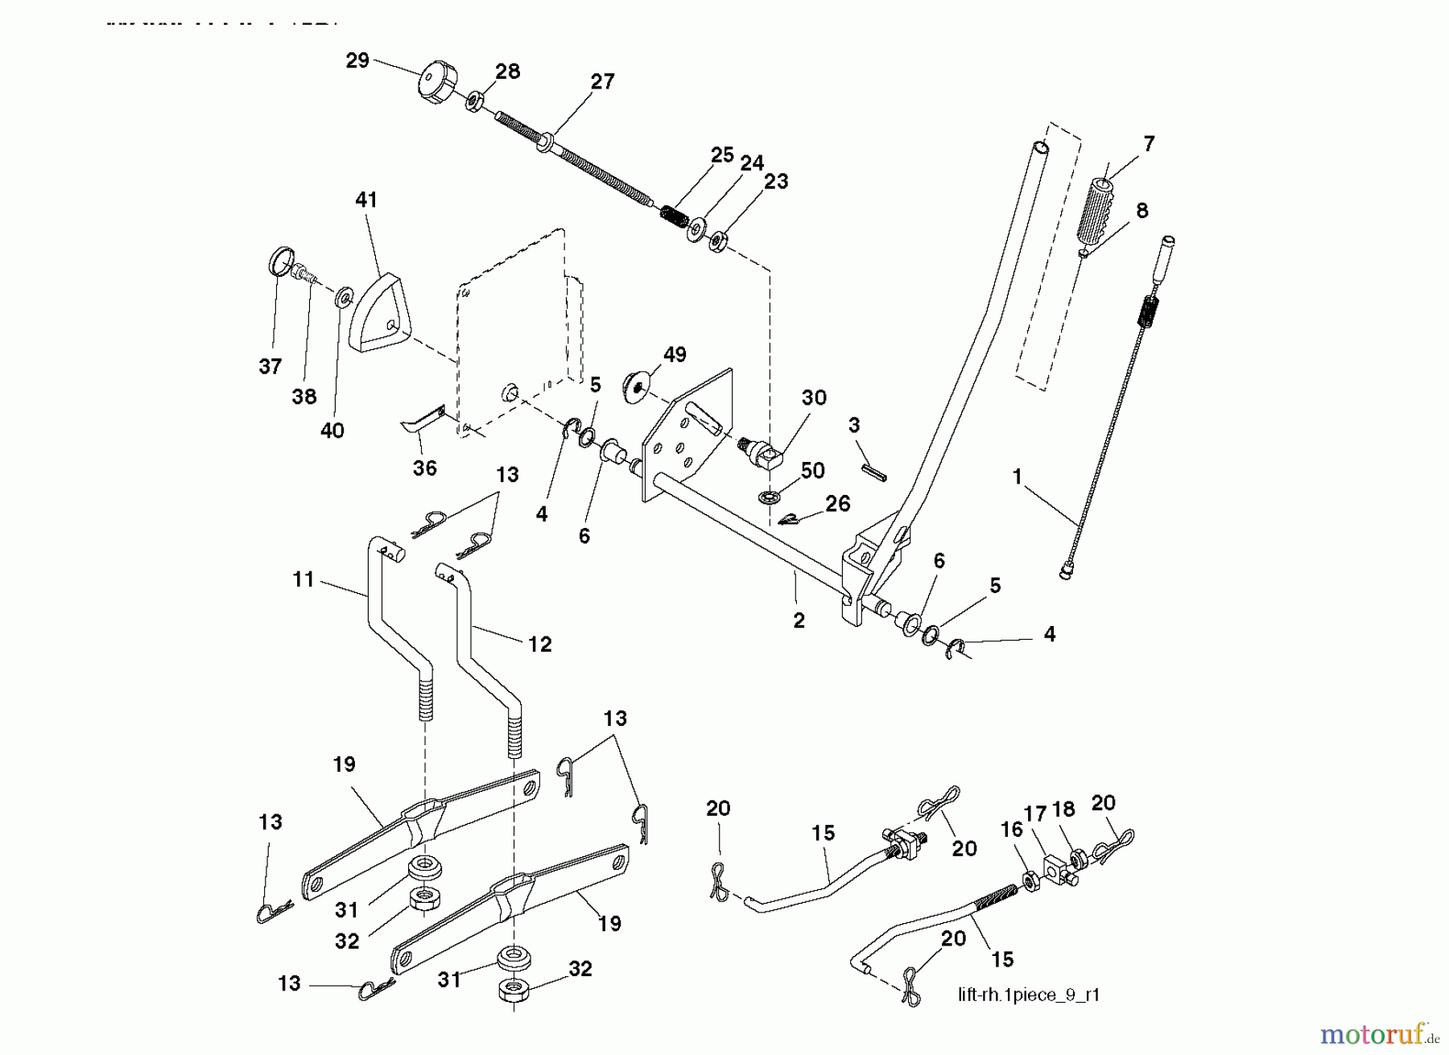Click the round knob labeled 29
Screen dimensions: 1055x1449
coord(438,81)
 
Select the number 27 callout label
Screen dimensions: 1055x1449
coord(602,81)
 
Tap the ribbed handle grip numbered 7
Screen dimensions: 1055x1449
coord(1100,208)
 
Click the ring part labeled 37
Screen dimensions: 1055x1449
coord(279,262)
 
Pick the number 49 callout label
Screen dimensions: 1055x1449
coord(675,355)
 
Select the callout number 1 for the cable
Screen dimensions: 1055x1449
coord(1017,477)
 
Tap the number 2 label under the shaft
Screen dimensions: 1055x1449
coord(799,621)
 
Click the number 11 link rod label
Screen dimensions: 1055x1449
coord(303,579)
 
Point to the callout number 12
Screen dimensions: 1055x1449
coord(539,644)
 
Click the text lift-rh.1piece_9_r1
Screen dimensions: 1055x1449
coord(1029,995)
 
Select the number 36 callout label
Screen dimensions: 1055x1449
coord(424,468)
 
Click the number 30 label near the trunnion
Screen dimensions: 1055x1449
coord(814,398)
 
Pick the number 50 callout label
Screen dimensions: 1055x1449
coord(813,471)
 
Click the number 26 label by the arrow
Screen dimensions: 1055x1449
coord(838,504)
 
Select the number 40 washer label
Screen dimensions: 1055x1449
coord(332,431)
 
